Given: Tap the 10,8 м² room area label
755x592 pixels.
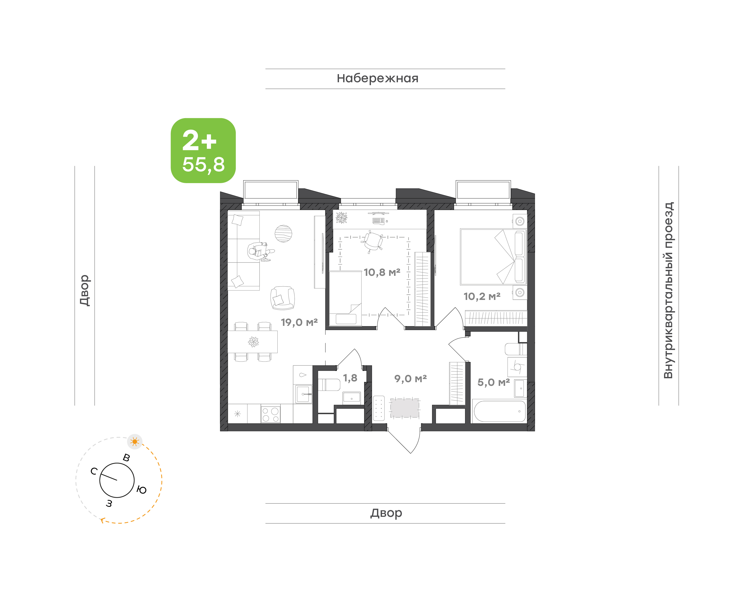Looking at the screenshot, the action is point(382,272).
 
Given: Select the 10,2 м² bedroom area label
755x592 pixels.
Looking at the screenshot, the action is point(482,296).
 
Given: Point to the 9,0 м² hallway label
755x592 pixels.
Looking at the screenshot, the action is point(410,379).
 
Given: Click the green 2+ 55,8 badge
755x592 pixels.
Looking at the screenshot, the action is point(203,150).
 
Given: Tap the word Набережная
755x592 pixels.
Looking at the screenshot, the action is point(378,78).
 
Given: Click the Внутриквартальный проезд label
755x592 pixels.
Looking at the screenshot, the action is point(668,290).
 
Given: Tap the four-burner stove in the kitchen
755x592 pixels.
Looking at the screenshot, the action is point(271,414).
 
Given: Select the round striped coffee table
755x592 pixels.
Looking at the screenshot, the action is point(283,234).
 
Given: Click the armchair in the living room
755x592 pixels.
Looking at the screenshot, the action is point(283,298).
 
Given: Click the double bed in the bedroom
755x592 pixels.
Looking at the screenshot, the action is point(493,257).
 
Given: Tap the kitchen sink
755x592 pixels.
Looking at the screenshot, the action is point(303,394).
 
